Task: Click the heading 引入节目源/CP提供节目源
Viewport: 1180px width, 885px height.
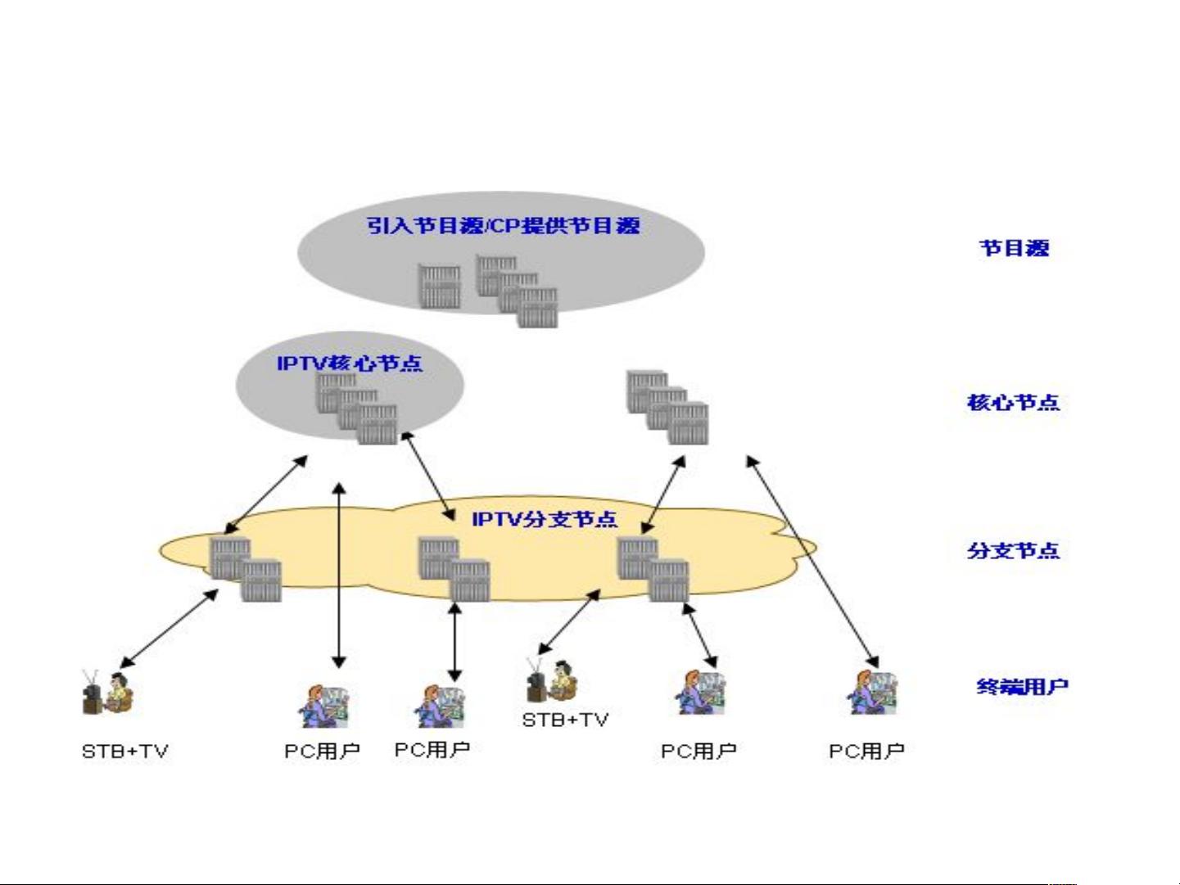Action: [503, 225]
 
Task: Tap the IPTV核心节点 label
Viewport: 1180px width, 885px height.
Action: [350, 363]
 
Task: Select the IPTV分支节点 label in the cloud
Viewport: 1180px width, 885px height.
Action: [545, 519]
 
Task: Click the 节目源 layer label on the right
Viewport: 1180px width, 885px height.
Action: [1014, 248]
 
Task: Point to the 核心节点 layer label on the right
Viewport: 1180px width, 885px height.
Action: [1013, 402]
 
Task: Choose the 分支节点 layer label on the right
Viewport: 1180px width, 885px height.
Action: [1013, 550]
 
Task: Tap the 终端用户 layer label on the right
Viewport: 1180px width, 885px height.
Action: [1022, 686]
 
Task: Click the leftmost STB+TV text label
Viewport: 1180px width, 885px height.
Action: [124, 751]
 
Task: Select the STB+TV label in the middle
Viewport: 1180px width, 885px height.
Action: [565, 720]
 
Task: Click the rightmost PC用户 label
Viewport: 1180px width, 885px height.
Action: [866, 751]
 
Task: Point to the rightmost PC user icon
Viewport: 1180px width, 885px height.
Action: [871, 693]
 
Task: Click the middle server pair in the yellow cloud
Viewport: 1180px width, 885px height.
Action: [454, 569]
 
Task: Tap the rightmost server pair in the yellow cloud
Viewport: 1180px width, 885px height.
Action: [653, 569]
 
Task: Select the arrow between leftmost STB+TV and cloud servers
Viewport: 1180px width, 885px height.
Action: [169, 628]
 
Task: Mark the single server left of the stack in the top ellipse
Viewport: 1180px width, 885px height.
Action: [440, 286]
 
